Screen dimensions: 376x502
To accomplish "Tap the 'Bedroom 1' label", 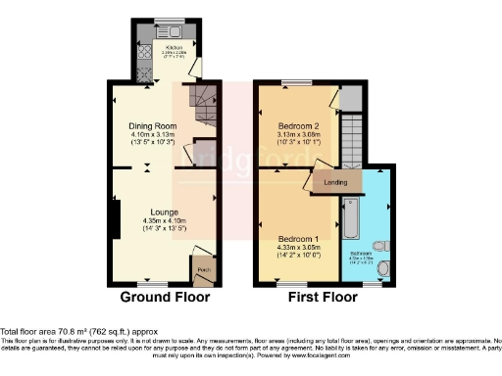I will coord(296,239).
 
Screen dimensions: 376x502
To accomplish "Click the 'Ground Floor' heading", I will coord(162,297).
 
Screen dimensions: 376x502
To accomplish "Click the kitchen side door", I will coord(197,67).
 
